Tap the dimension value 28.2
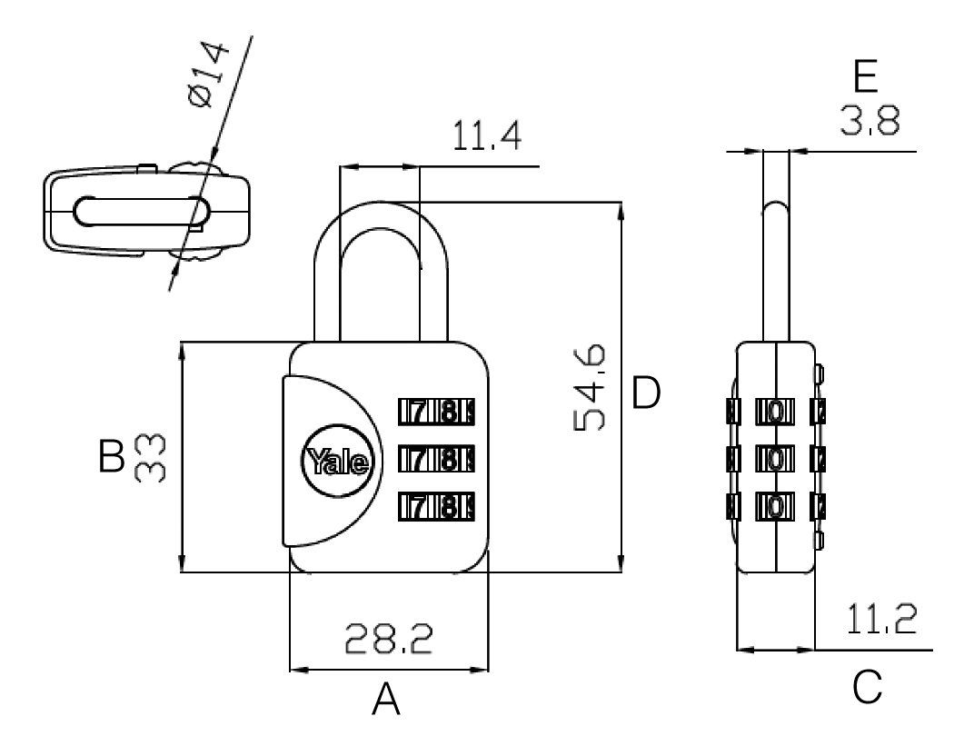point(389,639)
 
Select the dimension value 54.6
point(590,387)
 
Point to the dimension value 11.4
point(487,136)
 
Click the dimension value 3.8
point(870,121)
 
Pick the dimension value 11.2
point(881,620)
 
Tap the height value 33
point(150,458)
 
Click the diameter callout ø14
point(208,75)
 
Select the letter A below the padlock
point(386,700)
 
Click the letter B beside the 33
point(111,456)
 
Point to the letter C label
point(868,687)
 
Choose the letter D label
point(646,393)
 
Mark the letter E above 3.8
point(866,77)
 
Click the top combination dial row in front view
point(436,412)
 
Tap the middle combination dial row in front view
point(436,459)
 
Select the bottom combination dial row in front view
point(436,507)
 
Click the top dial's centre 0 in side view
point(776,412)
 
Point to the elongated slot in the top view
point(142,212)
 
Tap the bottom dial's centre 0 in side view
point(776,507)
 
